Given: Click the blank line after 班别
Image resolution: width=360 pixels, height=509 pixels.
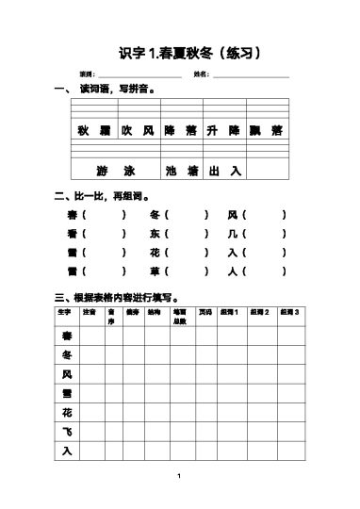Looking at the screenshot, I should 133,75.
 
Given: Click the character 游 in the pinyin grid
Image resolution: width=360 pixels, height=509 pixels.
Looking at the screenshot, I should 102,172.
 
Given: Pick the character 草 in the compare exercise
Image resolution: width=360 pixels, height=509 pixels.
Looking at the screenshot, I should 155,271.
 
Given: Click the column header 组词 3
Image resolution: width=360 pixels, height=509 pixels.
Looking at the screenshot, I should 290,312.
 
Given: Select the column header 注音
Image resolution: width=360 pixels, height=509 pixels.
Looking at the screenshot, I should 89,312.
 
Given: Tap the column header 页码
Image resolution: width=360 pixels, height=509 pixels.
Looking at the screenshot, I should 205,312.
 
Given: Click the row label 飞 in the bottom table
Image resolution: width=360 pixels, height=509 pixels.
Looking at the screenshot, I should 66,432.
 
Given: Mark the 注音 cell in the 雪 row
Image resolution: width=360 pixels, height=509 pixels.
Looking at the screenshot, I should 90,394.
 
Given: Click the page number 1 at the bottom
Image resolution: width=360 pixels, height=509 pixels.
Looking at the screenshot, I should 179,477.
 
